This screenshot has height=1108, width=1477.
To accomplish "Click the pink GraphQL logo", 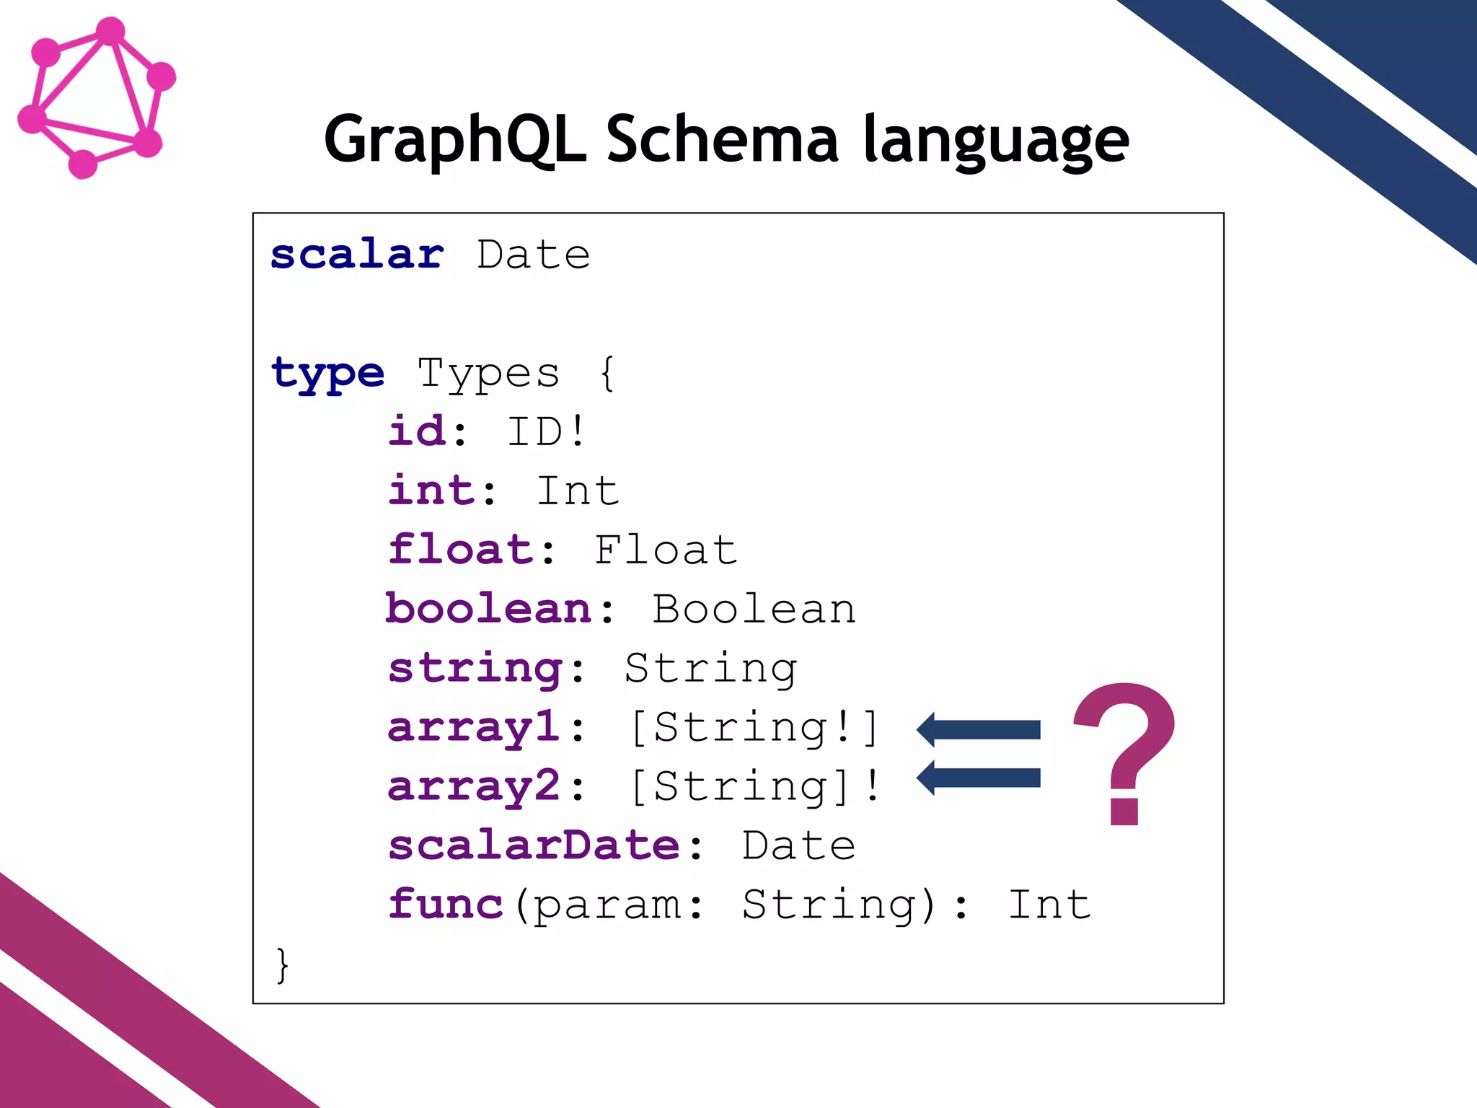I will click(x=96, y=97).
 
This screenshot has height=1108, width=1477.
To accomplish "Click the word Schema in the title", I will click(x=722, y=138).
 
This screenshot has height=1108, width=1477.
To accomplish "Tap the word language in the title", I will click(x=996, y=140).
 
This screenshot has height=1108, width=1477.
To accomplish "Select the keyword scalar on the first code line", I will click(x=357, y=255).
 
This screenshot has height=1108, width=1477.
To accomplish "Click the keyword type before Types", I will click(x=327, y=374).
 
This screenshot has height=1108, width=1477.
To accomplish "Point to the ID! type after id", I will click(x=546, y=431).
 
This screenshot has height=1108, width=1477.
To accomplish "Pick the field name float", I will click(x=460, y=550).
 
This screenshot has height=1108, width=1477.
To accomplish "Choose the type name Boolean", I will click(x=754, y=609).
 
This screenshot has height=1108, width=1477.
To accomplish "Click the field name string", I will click(x=475, y=669).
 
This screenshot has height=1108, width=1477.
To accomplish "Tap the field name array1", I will click(x=474, y=727).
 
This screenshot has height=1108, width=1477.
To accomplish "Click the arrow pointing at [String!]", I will click(x=978, y=730).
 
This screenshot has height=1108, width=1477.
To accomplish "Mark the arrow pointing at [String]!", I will click(x=978, y=778).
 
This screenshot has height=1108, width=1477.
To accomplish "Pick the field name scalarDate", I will click(x=534, y=845).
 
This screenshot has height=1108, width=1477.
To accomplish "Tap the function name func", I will click(x=445, y=905).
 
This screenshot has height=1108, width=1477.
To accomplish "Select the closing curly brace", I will click(x=283, y=964).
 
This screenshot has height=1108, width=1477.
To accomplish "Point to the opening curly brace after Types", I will click(x=607, y=374).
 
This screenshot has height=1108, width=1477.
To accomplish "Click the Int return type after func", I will click(x=1049, y=905).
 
